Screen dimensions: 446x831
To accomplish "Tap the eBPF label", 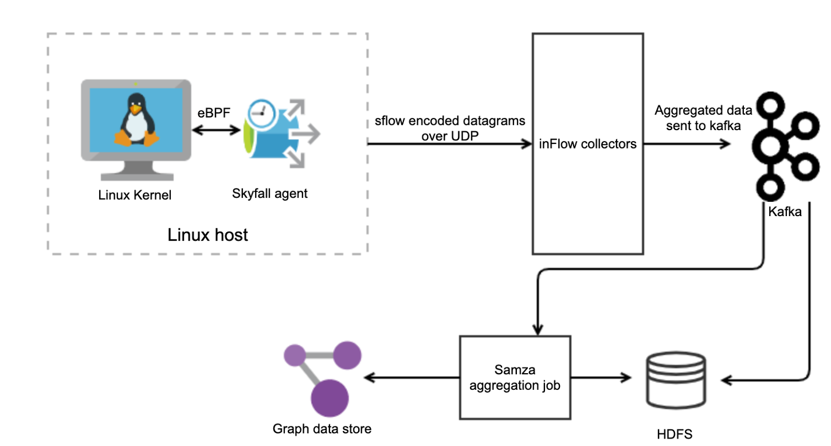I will pos(214,112).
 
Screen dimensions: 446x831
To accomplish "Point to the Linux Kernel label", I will pos(135,195).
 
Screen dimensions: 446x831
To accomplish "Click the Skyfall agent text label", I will pos(269,193).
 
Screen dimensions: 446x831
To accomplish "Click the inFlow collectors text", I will pos(587,144).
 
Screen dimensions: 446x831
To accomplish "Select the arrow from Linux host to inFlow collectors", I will pos(450,144).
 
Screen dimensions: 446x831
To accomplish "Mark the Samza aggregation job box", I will pos(515,377).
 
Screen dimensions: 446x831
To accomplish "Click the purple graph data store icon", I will pos(324,378).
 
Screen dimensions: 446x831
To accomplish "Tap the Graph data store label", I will pos(322,428).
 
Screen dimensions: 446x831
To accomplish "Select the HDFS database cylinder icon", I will pos(676,379).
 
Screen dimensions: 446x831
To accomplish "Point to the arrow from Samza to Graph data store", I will pos(413,378).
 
